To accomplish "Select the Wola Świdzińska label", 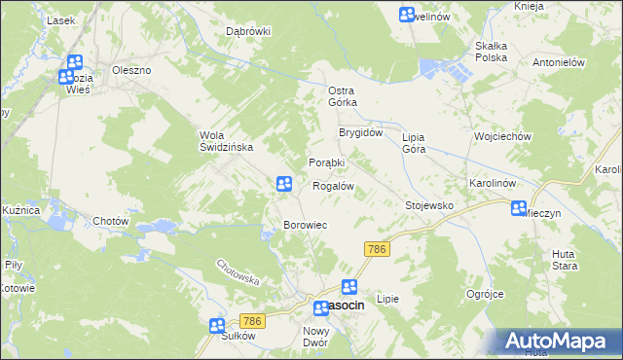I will [226, 140].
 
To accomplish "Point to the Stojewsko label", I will [429, 205].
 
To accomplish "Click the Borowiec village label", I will [304, 225].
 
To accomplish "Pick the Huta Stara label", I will [564, 258].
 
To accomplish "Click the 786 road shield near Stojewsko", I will [378, 250].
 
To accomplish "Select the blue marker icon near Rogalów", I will [283, 183].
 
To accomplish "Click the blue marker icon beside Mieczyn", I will [519, 207].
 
